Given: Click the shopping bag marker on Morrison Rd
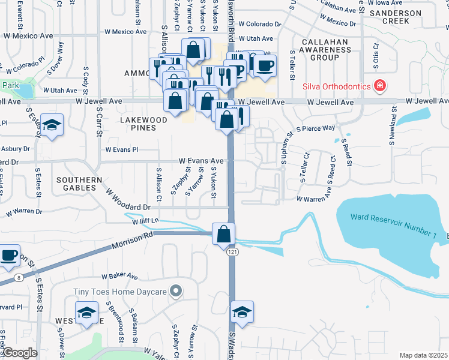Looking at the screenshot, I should pos(223,234).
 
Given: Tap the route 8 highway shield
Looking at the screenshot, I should pos(19,277).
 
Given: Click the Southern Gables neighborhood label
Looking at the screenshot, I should pos(80,184).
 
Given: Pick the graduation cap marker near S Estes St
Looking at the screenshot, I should pos(53,125).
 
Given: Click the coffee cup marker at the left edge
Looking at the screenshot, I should pos(8,256).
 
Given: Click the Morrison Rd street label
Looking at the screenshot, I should pos(131,243).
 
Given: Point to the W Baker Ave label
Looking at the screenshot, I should pos(119,277).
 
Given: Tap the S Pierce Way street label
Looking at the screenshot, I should pos(316,128).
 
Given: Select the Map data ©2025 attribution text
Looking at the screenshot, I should pos(423,355).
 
